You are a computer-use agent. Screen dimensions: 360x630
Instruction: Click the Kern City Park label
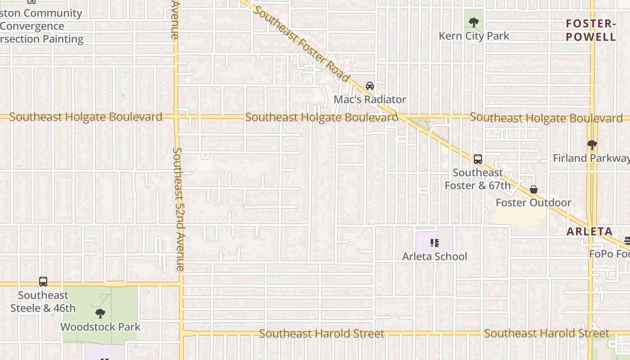(x=474, y=36)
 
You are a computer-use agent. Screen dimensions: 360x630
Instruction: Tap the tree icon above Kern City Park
(x=473, y=22)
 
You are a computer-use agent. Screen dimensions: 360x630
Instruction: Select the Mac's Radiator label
(x=370, y=99)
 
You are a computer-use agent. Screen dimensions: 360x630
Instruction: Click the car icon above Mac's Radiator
(x=370, y=85)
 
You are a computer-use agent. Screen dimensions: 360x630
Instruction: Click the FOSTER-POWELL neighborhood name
(x=591, y=30)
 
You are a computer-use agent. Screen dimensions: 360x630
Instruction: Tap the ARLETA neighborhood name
(x=589, y=232)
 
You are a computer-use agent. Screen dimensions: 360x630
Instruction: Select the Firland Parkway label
(x=591, y=158)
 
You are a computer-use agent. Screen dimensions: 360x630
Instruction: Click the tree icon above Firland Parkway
(x=592, y=145)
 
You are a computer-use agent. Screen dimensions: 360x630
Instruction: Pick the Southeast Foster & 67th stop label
(x=477, y=179)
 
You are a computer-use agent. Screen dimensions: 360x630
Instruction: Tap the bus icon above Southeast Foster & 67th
(x=478, y=159)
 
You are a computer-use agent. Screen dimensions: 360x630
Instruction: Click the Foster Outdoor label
(x=533, y=202)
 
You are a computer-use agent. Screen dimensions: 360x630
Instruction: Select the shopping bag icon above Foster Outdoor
(x=534, y=189)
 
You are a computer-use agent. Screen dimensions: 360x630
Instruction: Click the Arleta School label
(x=435, y=256)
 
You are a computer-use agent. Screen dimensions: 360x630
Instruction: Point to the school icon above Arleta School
(x=434, y=243)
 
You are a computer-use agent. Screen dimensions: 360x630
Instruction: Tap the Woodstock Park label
(x=100, y=327)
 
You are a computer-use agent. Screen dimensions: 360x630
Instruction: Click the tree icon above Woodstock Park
(x=100, y=313)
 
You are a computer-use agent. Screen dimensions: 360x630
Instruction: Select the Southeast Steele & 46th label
(x=43, y=302)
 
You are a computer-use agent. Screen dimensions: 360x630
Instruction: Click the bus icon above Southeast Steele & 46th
(x=43, y=282)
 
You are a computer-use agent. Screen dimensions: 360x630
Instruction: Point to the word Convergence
(x=32, y=26)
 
